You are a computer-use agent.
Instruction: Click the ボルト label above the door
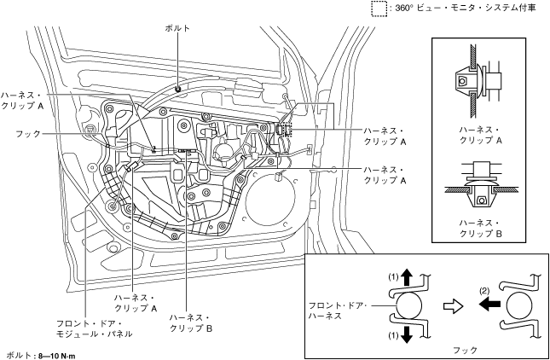[177, 28]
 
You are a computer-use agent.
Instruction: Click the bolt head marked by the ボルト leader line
[178, 89]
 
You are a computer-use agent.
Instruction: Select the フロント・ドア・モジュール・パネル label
[95, 328]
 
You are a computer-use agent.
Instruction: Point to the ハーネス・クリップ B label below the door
[191, 322]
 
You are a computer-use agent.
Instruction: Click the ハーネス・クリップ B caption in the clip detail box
[481, 228]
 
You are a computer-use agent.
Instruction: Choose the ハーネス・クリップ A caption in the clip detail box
[481, 135]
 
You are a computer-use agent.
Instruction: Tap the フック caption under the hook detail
[465, 350]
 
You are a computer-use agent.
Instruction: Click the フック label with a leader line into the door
[28, 134]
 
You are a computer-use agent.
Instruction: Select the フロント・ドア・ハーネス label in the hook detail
[338, 311]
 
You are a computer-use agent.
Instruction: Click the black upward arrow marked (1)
[407, 277]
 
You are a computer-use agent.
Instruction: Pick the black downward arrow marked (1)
[407, 334]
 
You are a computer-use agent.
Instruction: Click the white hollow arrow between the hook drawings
[454, 306]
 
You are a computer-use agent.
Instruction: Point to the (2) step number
[484, 291]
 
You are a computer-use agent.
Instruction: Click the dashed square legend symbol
[379, 9]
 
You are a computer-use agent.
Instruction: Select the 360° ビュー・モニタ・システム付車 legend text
[466, 9]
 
